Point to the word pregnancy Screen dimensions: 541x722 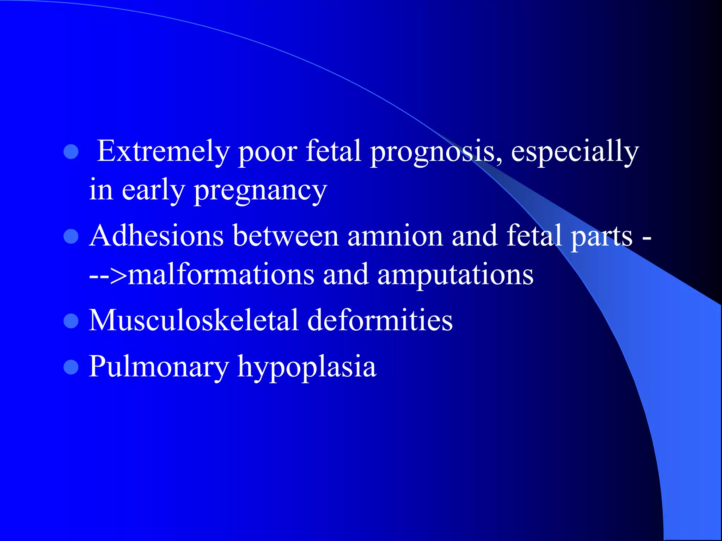[x=261, y=191]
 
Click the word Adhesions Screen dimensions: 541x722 [x=157, y=236]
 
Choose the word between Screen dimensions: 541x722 [x=286, y=236]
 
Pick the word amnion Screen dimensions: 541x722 [x=395, y=236]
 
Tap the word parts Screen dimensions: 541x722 [x=601, y=236]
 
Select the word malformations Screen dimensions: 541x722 [x=221, y=274]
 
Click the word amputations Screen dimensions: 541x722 [x=455, y=275]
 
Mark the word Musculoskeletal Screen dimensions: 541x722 [x=194, y=320]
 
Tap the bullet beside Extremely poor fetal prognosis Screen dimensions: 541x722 [x=71, y=152]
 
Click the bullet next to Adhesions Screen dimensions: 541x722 [x=71, y=236]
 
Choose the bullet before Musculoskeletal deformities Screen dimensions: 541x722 [x=71, y=321]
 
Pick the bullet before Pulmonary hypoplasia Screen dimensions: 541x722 [x=71, y=367]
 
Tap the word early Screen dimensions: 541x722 [x=153, y=191]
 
